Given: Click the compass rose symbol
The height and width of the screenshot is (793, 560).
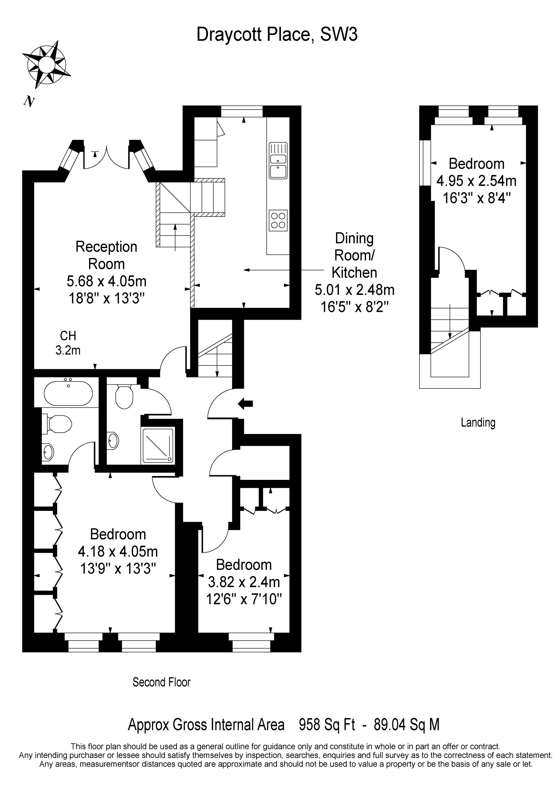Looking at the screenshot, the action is pos(46,65).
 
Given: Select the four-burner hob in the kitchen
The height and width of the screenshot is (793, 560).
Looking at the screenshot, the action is pos(278,220).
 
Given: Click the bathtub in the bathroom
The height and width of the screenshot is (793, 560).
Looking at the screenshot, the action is pos(68,393).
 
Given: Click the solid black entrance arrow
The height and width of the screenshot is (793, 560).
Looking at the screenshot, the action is pos(245,403).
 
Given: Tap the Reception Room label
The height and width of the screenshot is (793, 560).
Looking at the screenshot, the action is pos(106,255).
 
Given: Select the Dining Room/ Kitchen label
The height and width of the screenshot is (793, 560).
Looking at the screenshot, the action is pos(354,255).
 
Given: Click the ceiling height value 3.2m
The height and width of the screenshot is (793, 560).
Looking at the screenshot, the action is pos(68,350).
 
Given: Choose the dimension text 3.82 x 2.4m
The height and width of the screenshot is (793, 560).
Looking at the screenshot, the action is pos(243,582).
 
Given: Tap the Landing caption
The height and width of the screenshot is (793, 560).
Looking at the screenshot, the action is pos(478,423).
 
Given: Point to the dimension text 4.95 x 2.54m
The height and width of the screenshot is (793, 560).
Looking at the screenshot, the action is pos(476,181).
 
